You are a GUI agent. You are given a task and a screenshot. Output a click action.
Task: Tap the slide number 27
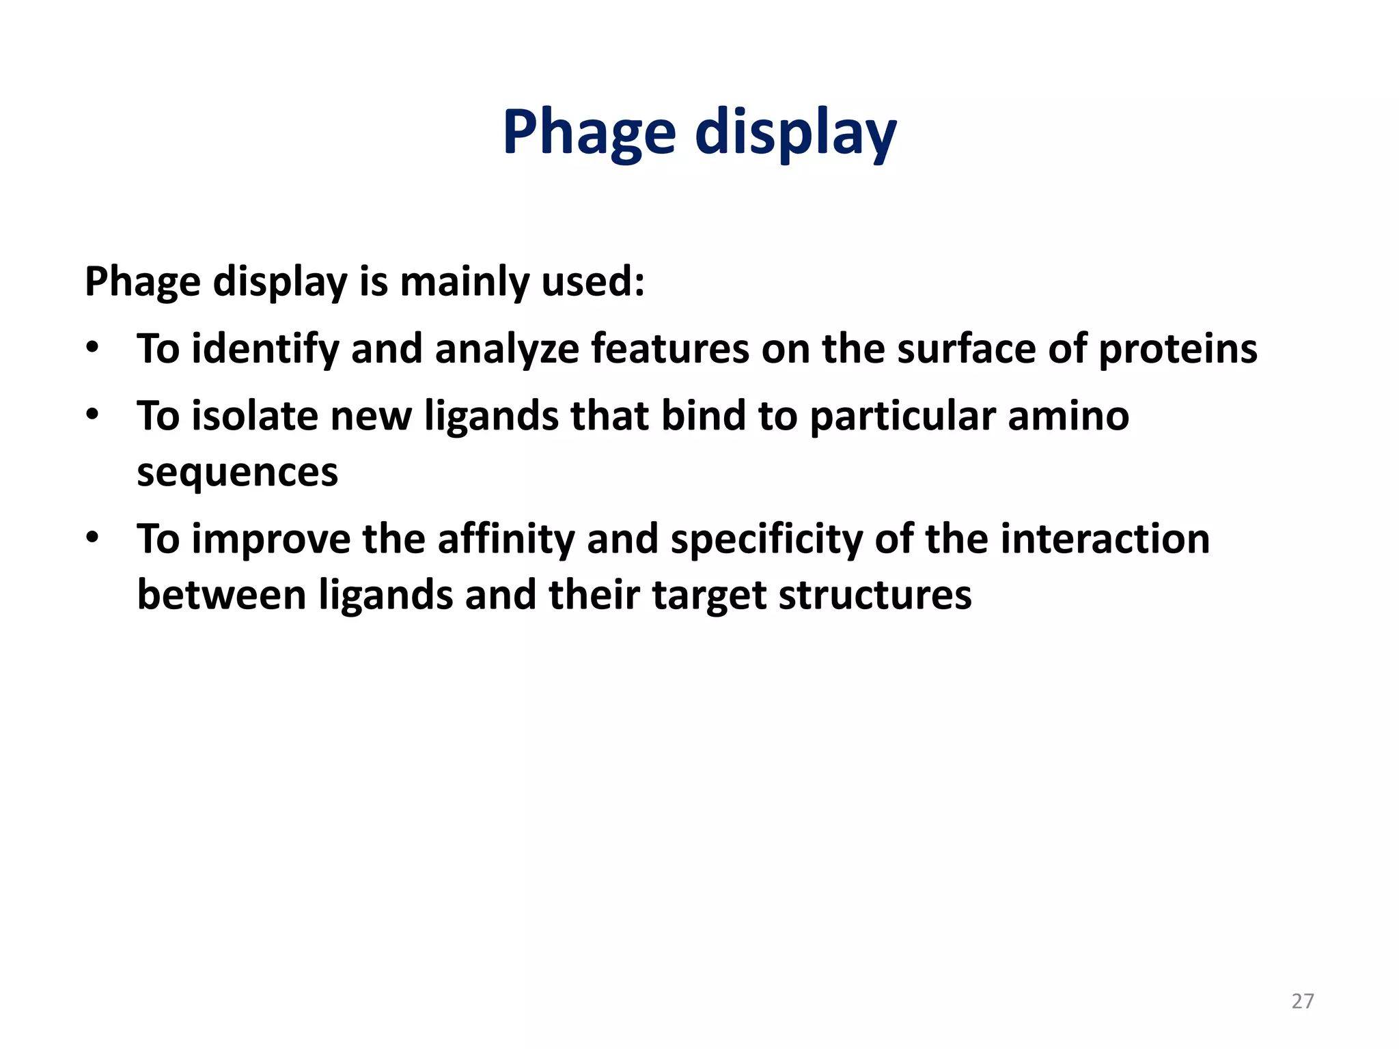(x=1303, y=1001)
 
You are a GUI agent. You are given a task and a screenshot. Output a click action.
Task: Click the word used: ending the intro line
(x=592, y=281)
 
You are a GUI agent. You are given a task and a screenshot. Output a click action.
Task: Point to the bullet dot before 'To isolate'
(x=92, y=415)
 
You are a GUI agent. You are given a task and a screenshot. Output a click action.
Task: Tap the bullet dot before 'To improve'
(x=92, y=538)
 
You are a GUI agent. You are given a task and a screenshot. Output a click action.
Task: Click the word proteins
(x=1178, y=349)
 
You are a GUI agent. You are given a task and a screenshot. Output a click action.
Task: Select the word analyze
(x=506, y=349)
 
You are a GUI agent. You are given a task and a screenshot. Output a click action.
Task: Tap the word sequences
(x=237, y=472)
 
